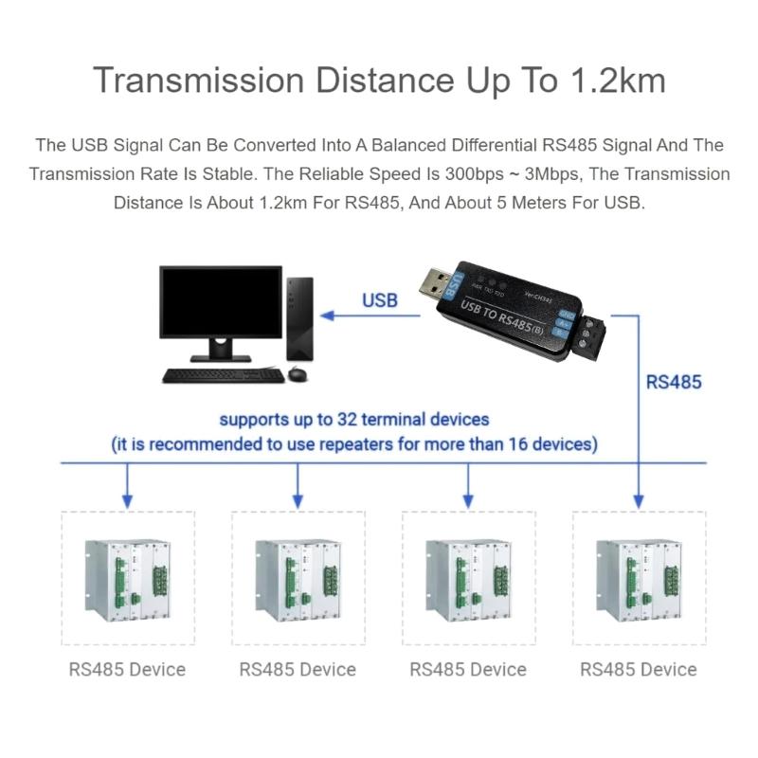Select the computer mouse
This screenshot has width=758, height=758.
tap(298, 374)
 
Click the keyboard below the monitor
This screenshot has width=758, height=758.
tap(222, 375)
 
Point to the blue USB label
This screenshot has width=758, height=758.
tap(380, 301)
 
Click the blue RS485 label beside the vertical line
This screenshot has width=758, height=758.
tap(674, 384)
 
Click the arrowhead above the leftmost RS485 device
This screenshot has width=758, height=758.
tap(128, 498)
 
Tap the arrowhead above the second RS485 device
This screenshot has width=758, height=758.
tap(298, 498)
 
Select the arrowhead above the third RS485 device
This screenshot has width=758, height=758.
tap(468, 498)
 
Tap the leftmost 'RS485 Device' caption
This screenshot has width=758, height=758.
tap(127, 670)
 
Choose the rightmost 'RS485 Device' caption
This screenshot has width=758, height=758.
tap(639, 670)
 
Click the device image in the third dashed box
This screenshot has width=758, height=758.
tap(468, 580)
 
